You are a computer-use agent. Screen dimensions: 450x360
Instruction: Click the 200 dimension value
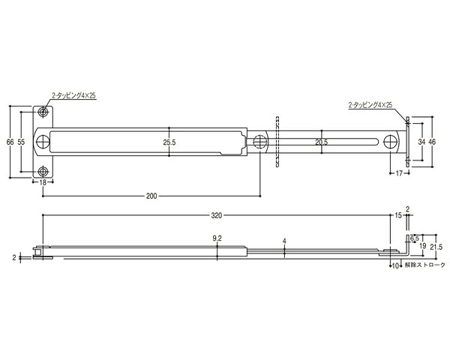point(151,196)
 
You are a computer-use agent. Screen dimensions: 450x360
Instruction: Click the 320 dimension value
point(217,215)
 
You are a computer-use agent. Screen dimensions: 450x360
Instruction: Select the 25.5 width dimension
point(169,142)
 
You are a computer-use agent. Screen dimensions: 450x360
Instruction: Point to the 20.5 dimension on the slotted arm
point(322,142)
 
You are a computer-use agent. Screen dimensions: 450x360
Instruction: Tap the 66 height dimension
point(10,142)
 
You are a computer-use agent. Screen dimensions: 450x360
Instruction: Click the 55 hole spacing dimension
point(21,142)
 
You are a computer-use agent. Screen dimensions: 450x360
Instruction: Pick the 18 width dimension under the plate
point(43,182)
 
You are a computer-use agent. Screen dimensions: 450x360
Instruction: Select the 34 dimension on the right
point(421,142)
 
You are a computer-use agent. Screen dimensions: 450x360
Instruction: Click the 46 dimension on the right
point(432,142)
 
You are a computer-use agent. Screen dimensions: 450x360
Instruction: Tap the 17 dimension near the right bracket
point(399,173)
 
